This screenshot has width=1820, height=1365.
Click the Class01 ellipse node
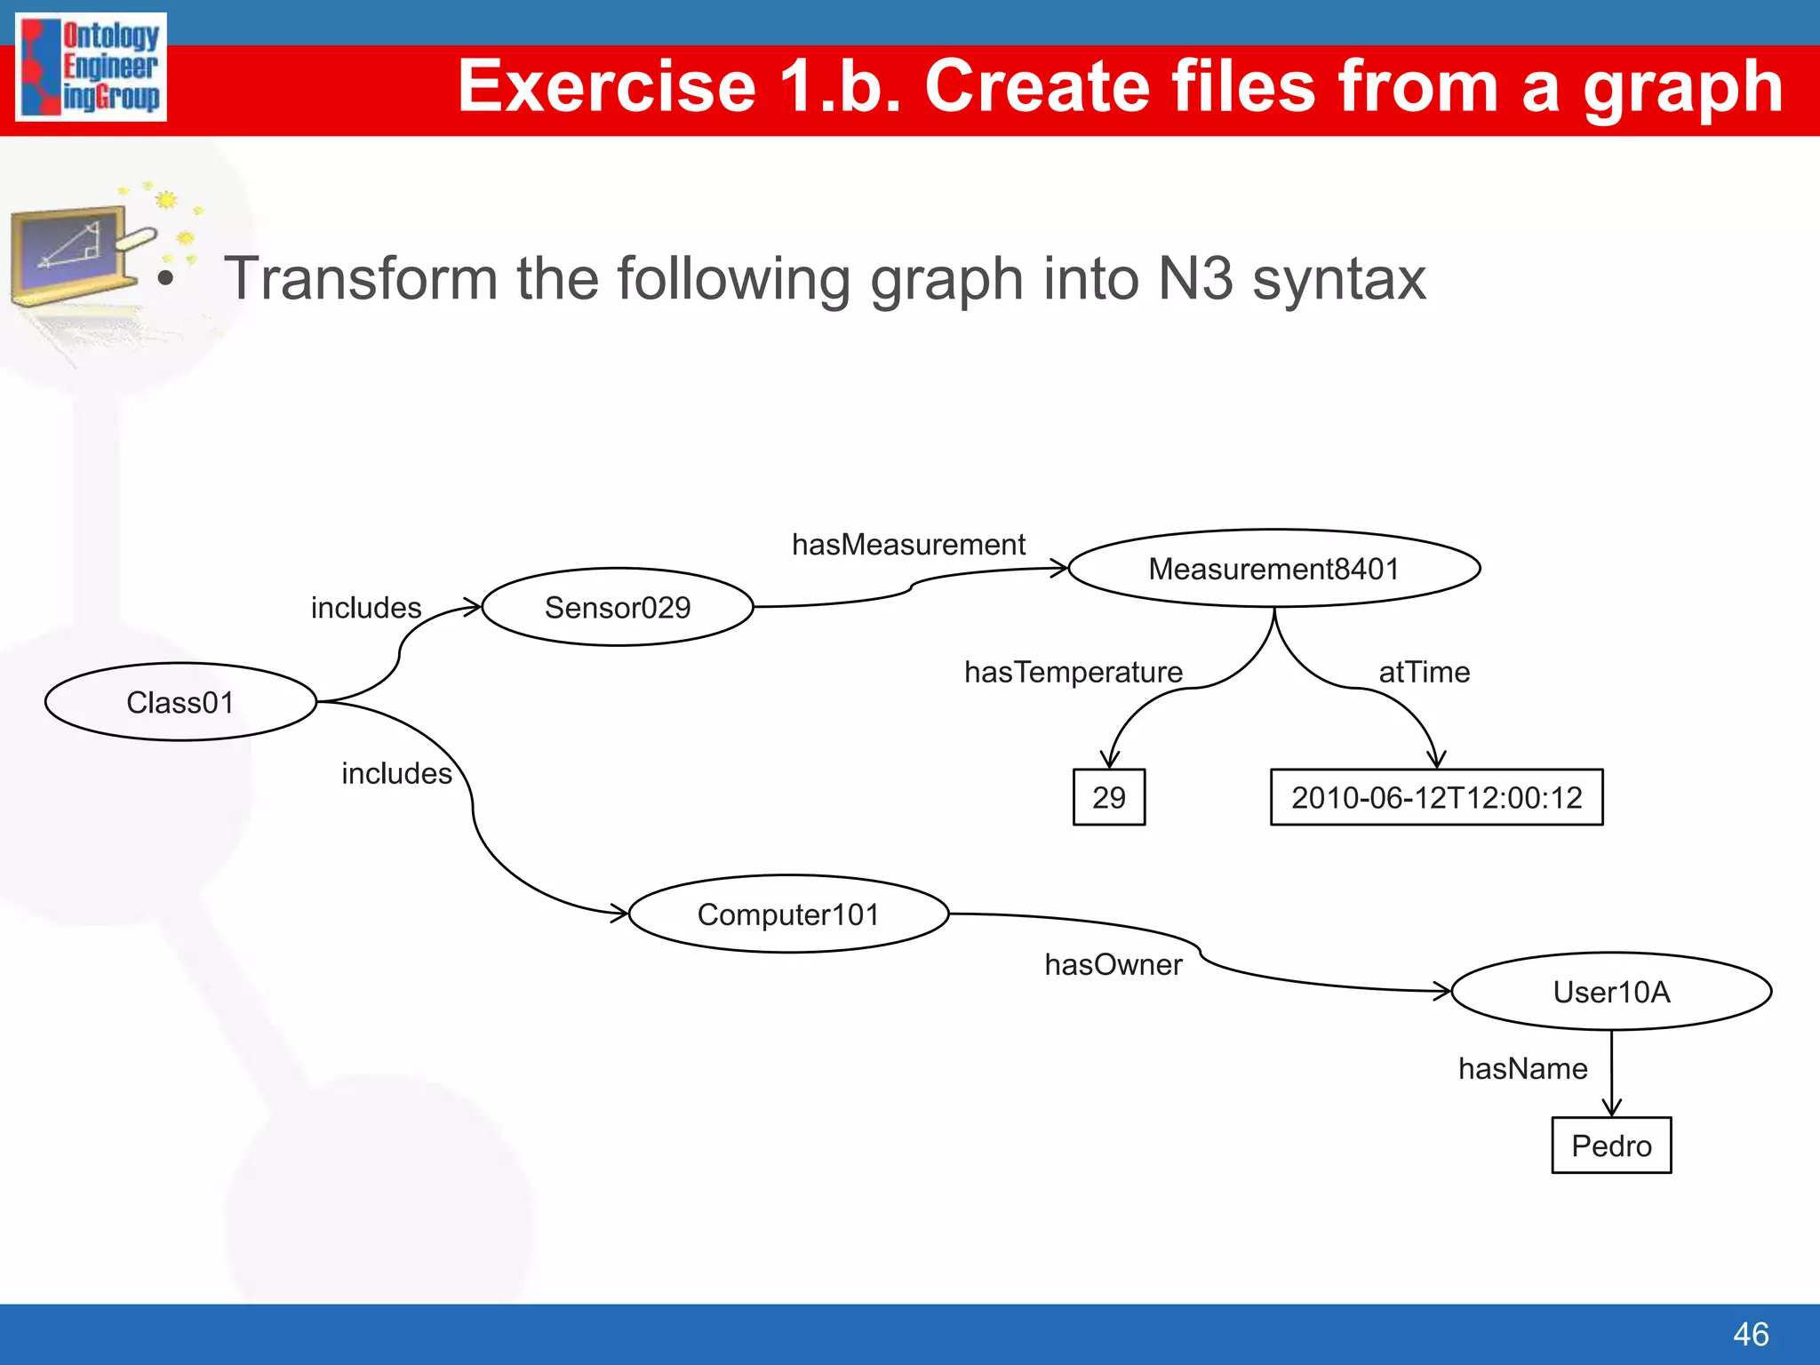[180, 702]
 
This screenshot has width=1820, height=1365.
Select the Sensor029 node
[618, 607]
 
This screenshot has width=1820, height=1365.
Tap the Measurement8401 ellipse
[1273, 569]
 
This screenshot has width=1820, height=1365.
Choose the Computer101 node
[788, 914]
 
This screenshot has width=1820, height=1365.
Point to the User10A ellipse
[1611, 992]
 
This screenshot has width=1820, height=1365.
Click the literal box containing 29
[1109, 797]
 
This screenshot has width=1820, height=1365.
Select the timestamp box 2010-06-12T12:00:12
[1436, 797]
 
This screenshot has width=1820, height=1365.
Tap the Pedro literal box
[1611, 1145]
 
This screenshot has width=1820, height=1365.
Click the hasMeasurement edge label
[908, 544]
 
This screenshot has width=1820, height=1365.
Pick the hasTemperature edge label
[1074, 672]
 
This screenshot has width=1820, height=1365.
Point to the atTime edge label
[1424, 672]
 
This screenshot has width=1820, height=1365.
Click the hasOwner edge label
[1113, 964]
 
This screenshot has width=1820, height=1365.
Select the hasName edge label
[1522, 1068]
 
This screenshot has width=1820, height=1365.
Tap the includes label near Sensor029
[366, 608]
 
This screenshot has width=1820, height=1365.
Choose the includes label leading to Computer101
[396, 774]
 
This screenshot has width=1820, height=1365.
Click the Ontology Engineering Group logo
[92, 68]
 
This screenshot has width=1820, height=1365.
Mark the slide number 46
[1751, 1334]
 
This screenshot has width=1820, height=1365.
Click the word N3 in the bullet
[1195, 279]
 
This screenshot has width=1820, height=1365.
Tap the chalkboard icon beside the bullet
[76, 253]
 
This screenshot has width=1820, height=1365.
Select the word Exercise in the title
[607, 86]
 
